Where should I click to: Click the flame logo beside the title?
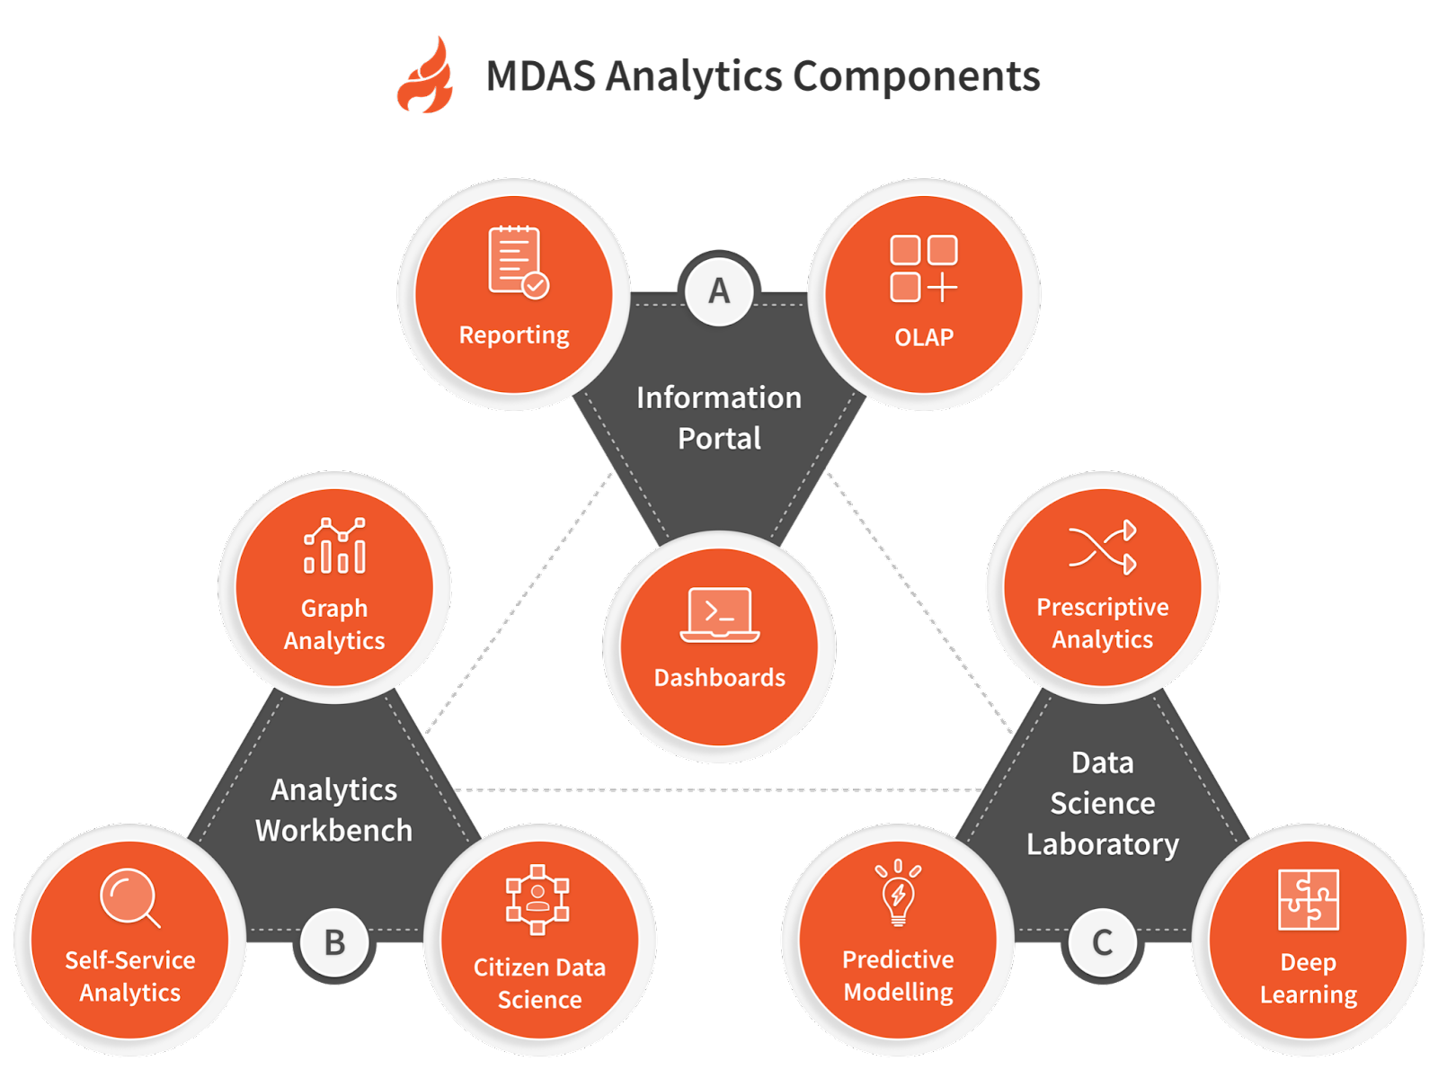(x=425, y=76)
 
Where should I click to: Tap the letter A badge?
(x=718, y=290)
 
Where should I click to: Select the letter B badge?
(x=334, y=942)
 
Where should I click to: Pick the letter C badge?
(x=1102, y=942)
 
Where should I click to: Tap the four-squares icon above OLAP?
(x=923, y=269)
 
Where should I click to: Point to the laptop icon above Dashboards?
(x=719, y=615)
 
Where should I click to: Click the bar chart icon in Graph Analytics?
(x=334, y=546)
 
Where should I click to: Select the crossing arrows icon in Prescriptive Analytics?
(x=1102, y=547)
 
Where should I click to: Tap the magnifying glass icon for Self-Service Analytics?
(x=129, y=897)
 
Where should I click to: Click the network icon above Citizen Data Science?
(x=537, y=899)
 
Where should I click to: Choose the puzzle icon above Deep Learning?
(x=1308, y=899)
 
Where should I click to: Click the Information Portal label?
(x=719, y=417)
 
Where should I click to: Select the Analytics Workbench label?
(x=333, y=809)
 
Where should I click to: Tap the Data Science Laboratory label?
(x=1102, y=803)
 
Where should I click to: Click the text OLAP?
(x=923, y=337)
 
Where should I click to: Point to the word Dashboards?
(x=719, y=677)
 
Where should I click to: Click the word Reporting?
(x=513, y=335)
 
